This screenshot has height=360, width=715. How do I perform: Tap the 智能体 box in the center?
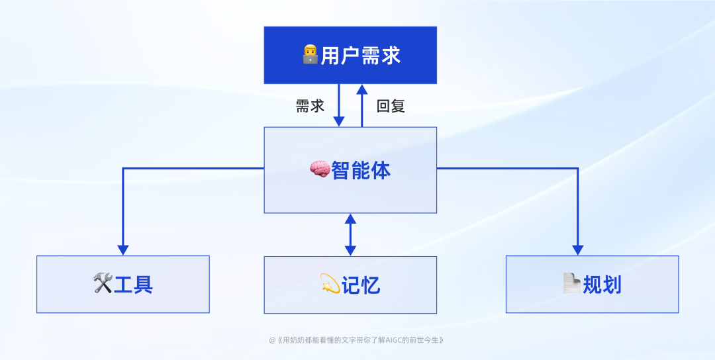350,192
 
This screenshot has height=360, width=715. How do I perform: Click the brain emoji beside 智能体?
320,170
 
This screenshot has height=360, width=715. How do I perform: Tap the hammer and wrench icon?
103,284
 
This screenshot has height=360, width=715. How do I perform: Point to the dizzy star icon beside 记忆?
330,285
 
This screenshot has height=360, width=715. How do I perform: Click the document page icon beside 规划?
571,284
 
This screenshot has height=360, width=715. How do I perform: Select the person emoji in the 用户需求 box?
310,54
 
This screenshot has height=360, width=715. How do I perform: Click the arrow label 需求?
310,106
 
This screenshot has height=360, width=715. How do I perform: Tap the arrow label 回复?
391,106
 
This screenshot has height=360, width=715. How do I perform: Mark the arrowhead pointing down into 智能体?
339,121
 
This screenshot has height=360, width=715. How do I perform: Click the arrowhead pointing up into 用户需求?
362,89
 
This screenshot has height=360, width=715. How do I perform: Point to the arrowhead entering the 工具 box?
122,250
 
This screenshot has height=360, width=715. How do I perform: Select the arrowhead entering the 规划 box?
577,250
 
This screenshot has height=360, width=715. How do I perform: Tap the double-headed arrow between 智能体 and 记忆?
350,234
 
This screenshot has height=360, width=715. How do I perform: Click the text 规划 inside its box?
602,285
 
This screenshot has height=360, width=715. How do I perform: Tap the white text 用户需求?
361,55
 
